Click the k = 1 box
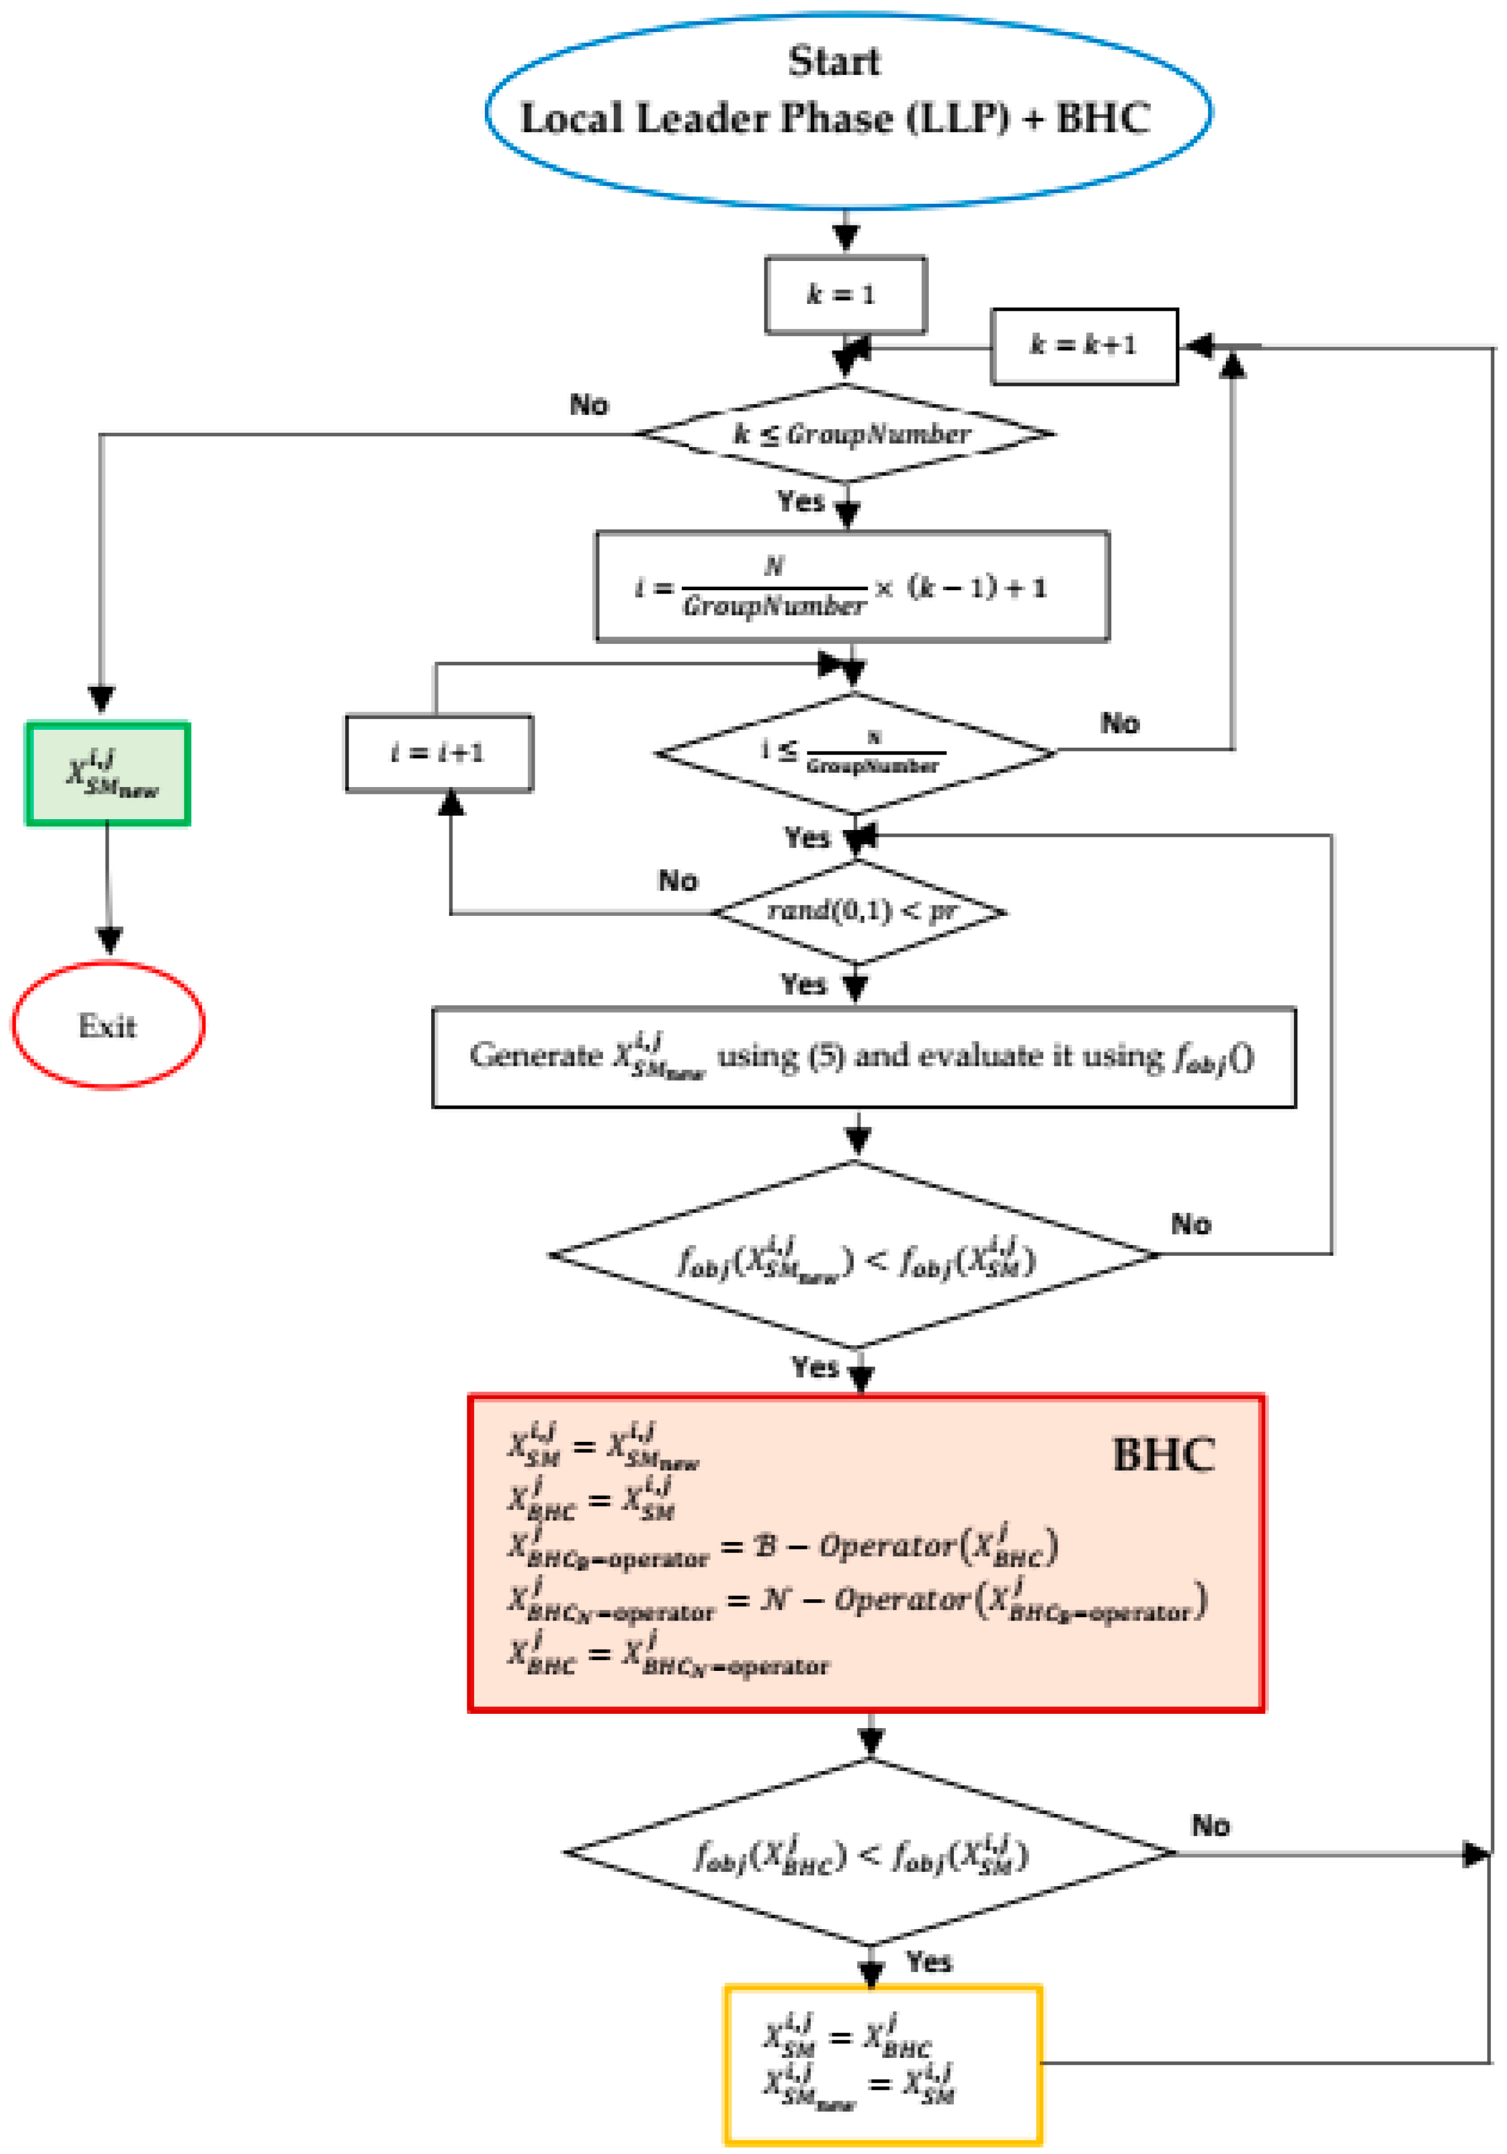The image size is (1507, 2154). (x=845, y=295)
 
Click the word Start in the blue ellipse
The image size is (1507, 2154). (x=833, y=61)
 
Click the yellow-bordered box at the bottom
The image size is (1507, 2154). (x=882, y=2064)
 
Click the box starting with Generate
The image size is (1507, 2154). (x=863, y=1057)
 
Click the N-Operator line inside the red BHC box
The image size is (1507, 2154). (x=856, y=1602)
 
